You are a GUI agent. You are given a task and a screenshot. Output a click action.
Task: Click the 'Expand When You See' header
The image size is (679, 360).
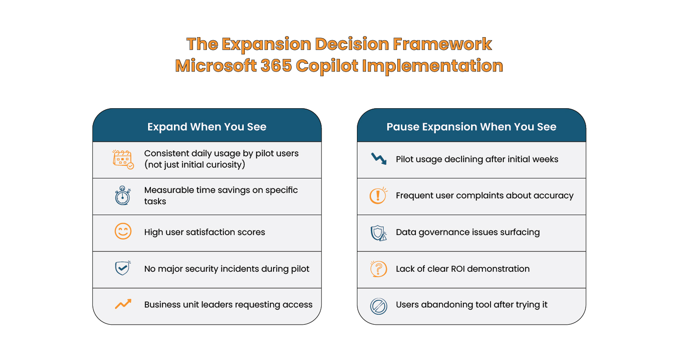point(207,127)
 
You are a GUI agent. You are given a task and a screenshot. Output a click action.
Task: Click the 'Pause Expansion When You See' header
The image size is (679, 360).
point(471,127)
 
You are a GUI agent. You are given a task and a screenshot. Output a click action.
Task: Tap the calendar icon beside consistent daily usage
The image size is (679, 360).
point(123,159)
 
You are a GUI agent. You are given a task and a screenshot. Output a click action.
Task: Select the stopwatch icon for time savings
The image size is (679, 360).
point(122,196)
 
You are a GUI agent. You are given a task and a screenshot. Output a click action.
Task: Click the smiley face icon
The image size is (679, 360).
point(123,232)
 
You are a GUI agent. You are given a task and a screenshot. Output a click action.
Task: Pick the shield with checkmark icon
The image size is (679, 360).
point(122,268)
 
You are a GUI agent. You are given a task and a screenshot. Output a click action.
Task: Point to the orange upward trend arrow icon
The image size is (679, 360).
point(123,304)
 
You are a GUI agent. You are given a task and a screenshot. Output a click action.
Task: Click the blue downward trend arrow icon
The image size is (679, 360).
point(378,159)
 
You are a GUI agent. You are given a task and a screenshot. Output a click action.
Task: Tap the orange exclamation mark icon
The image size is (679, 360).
point(378,196)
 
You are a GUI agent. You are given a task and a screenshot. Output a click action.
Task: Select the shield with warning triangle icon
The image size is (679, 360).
point(378,232)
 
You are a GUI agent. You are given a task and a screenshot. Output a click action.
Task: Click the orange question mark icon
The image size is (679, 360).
point(378,269)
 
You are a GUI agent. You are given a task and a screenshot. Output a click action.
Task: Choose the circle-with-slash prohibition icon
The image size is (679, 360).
point(378,306)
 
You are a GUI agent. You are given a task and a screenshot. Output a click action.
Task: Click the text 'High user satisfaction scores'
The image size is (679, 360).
point(204,232)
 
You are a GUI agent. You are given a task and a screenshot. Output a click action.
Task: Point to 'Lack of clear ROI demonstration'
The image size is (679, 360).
point(462,269)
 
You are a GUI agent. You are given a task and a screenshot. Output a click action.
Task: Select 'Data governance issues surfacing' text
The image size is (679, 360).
point(467,232)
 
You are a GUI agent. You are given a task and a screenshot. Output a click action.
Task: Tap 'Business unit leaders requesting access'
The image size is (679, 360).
point(228,305)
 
